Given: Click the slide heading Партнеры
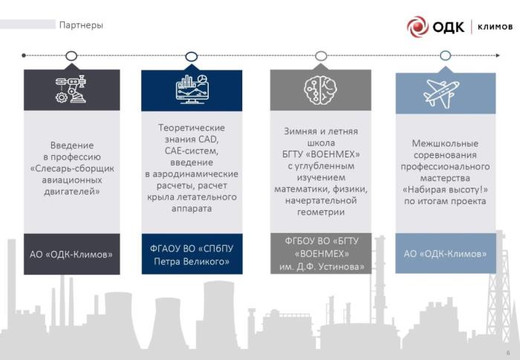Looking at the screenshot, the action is [x=81, y=25].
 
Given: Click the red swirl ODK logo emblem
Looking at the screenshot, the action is [x=417, y=27].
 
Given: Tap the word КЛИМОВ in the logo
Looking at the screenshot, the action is [x=495, y=27].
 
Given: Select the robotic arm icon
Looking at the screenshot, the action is [x=71, y=89].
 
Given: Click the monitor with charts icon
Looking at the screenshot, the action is [x=192, y=89].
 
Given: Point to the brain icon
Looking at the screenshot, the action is [x=321, y=90].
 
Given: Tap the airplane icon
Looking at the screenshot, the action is [x=441, y=93].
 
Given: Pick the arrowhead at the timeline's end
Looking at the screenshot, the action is [x=498, y=56].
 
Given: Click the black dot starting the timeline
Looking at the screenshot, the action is [x=24, y=56].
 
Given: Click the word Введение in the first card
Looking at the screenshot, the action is [x=72, y=145].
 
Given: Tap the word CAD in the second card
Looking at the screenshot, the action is [x=209, y=140].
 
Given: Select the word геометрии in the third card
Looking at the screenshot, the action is [x=321, y=212].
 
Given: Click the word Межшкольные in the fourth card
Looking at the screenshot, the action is [x=445, y=143].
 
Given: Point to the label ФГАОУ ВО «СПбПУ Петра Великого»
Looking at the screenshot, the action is [x=192, y=255].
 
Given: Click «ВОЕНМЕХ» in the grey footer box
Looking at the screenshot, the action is [x=322, y=254].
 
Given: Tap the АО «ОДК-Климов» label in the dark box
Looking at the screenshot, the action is [x=71, y=255].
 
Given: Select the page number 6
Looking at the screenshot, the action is [x=508, y=353].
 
